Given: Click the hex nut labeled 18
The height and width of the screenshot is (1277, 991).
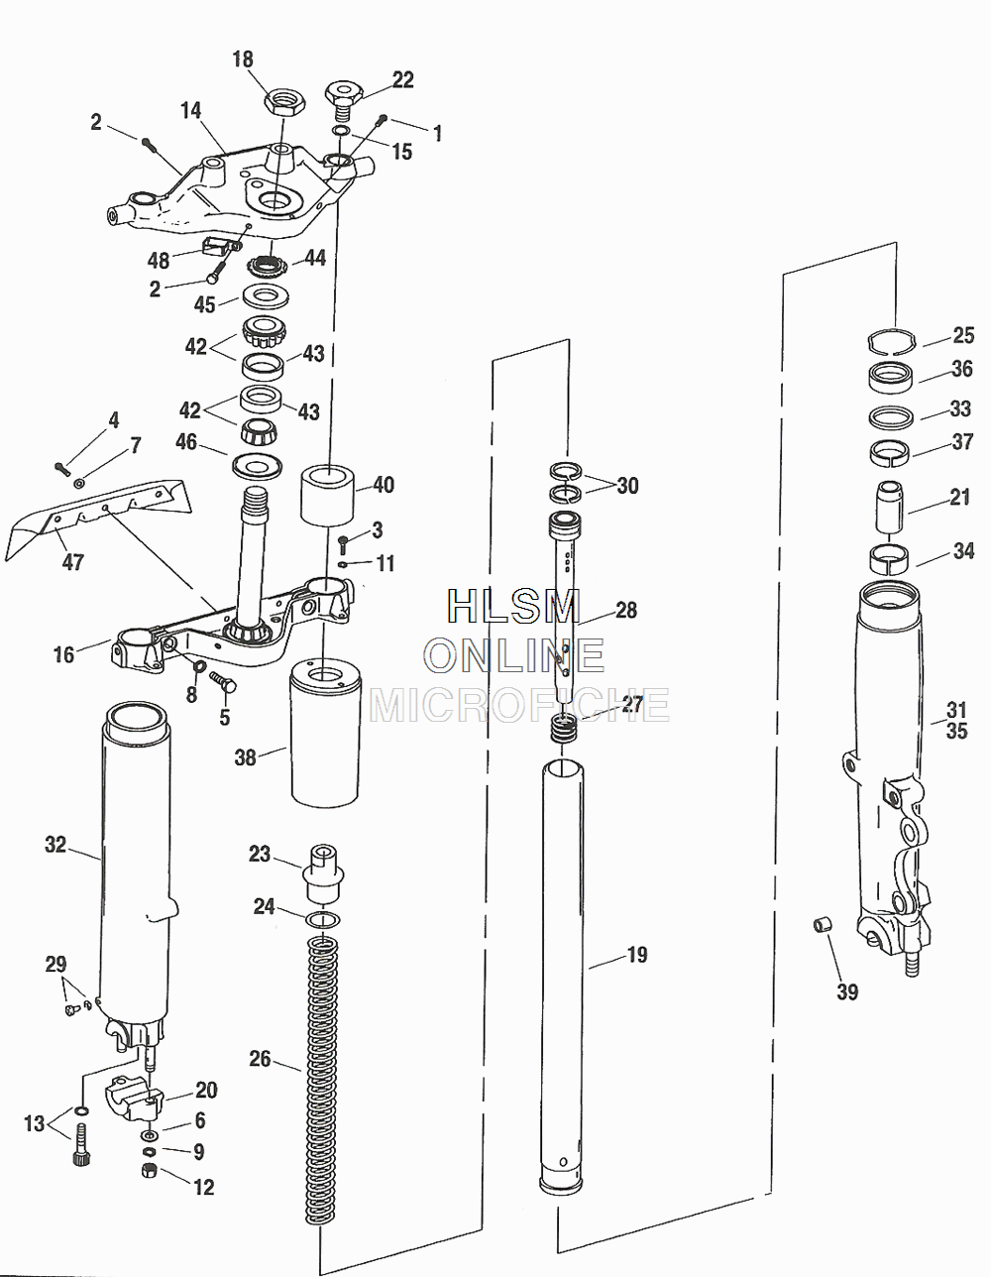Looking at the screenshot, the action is [284, 103].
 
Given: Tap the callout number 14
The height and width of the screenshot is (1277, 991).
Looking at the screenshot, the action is [191, 110].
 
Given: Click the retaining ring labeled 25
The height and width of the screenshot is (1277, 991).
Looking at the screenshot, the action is [891, 342].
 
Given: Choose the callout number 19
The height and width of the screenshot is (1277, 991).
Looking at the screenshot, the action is [637, 955].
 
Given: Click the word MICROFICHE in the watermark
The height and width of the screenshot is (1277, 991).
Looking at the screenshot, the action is [519, 705].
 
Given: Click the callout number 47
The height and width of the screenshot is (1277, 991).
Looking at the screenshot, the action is [73, 562].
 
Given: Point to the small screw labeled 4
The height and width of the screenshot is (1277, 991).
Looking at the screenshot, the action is [62, 468].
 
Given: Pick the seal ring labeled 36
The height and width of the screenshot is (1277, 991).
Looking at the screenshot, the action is [891, 376].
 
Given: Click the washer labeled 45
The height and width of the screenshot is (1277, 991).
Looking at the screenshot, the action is [265, 295].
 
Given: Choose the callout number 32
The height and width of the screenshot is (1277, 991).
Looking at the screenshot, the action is [55, 845].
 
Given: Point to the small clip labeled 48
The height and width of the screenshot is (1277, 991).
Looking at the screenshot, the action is [216, 245].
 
